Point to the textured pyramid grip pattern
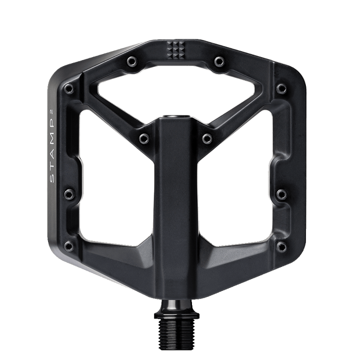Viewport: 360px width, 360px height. point(175,50)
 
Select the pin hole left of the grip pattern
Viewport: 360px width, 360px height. point(132,61)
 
